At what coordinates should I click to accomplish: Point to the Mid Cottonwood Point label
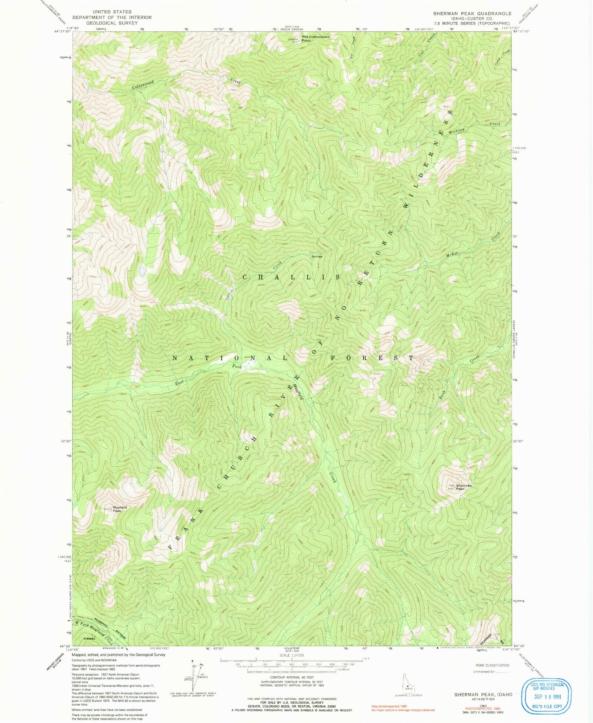315,38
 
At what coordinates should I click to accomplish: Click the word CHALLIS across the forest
291,277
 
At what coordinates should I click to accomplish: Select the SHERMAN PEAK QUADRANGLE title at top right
472,13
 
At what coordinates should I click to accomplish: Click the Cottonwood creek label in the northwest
142,84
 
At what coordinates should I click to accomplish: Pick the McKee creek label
452,256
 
